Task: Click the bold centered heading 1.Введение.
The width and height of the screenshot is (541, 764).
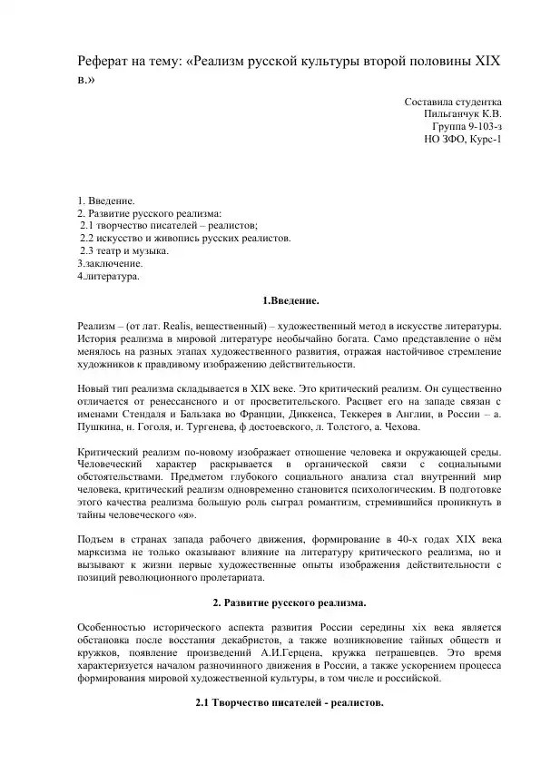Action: (x=290, y=300)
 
